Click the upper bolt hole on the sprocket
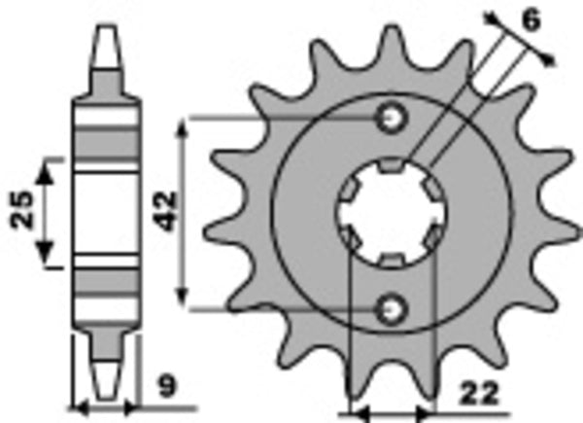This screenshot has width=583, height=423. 392,118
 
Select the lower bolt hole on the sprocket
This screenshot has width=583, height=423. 392,308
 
